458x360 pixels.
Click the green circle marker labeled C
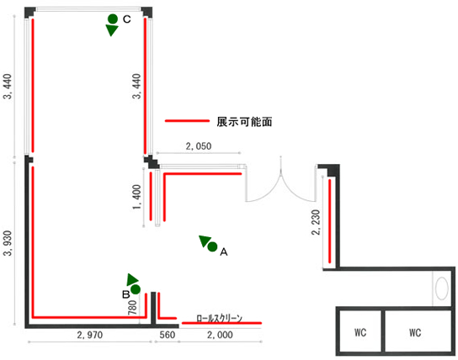point(113,19)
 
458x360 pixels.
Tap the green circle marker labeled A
point(212,246)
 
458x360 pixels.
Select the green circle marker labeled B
point(136,289)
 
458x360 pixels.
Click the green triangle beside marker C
point(112,30)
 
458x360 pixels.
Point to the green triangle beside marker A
point(205,241)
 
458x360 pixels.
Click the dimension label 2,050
point(199,146)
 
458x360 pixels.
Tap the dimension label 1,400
point(136,197)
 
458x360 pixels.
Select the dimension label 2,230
point(316,222)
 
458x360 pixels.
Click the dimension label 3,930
point(8,243)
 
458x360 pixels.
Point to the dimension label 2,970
point(90,335)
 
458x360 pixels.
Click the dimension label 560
point(168,335)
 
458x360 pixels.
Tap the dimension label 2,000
point(220,335)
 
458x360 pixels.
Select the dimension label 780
point(133,307)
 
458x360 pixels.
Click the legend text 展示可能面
point(244,122)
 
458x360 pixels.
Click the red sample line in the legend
point(187,121)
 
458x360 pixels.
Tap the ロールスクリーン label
point(220,318)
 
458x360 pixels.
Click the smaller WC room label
point(360,332)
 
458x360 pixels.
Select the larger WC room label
point(415,332)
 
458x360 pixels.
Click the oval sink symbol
point(442,289)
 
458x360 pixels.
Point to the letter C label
point(127,19)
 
